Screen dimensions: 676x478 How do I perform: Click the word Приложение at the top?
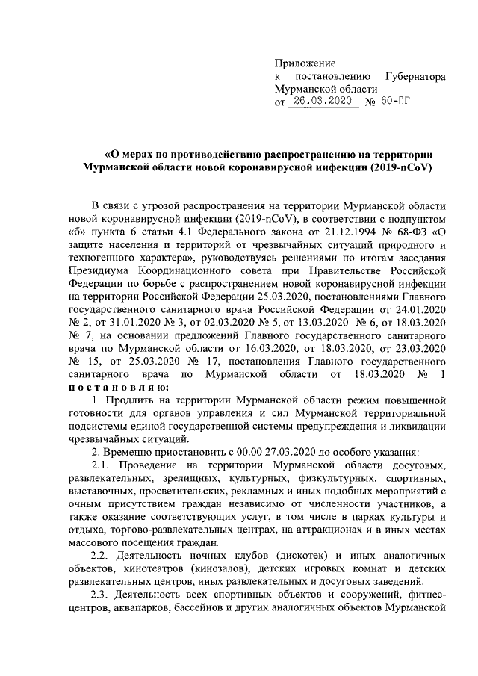(x=305, y=63)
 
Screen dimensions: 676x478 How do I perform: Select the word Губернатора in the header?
(x=415, y=76)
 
